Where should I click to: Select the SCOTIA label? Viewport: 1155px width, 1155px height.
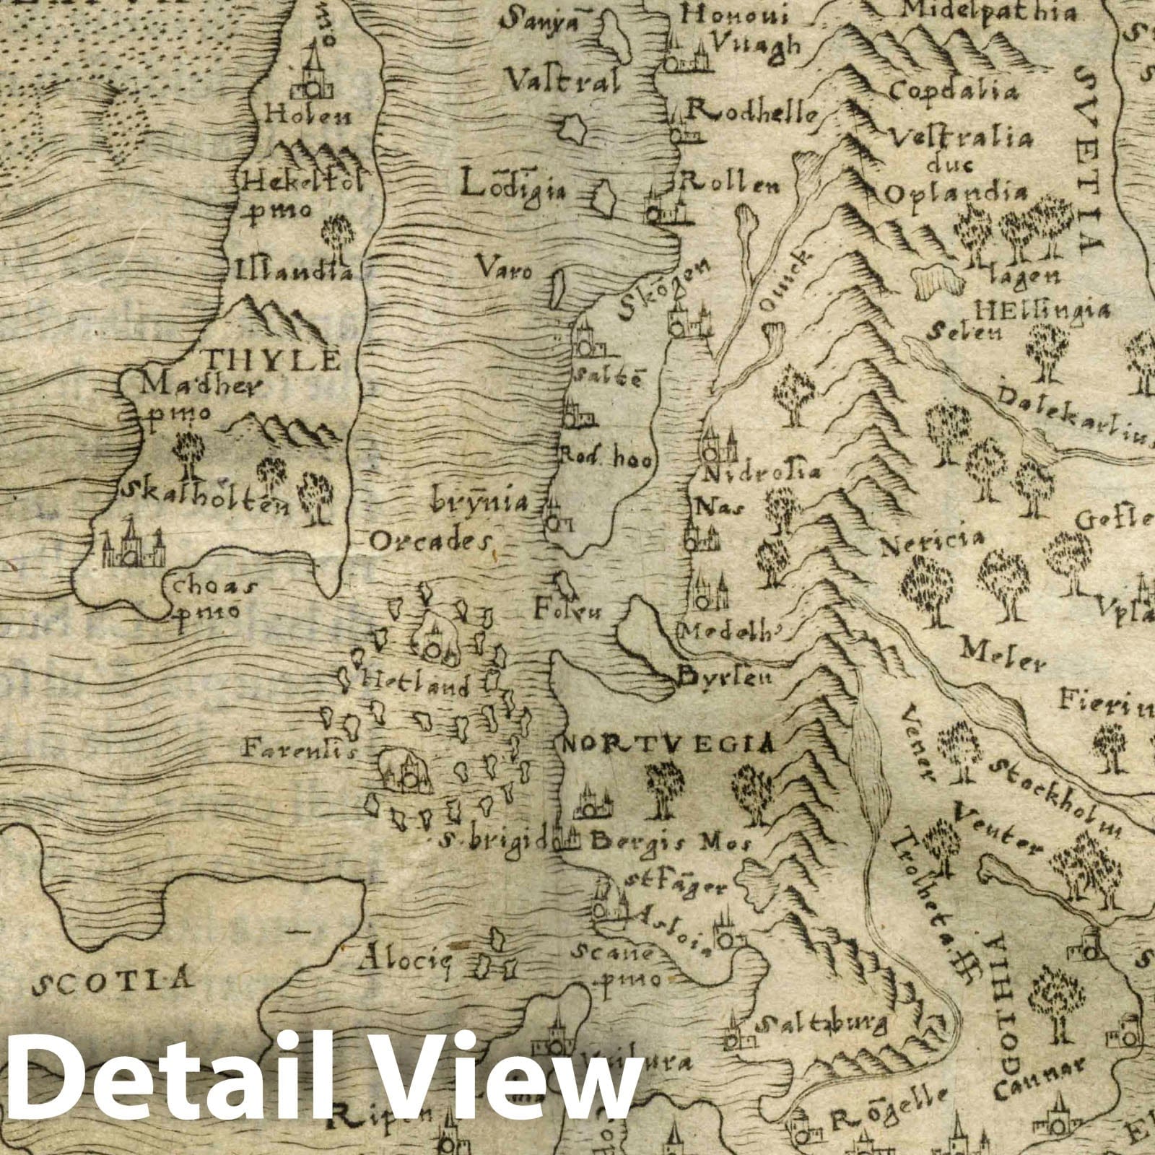(115, 980)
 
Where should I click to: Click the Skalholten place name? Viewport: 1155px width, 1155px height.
(206, 492)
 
